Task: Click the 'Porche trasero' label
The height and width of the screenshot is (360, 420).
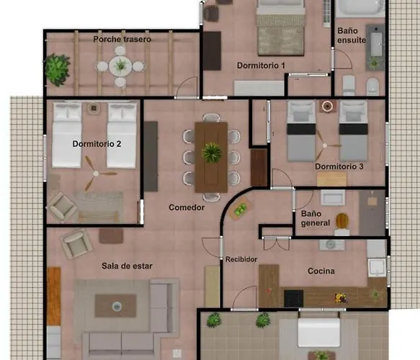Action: [122, 39]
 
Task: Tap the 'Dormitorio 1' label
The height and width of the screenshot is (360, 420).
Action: [261, 66]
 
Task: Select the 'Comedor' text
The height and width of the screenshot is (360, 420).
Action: [187, 207]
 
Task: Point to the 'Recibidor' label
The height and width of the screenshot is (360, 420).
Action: [241, 259]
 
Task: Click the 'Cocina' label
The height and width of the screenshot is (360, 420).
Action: [321, 271]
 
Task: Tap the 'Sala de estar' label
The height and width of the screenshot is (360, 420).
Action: [127, 266]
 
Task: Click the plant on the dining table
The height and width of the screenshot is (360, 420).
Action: [211, 153]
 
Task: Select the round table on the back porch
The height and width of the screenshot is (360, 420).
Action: [120, 66]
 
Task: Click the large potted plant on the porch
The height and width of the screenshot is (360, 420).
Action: [57, 70]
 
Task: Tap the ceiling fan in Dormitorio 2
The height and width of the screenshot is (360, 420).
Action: [96, 174]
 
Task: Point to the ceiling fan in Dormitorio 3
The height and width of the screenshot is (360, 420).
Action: [325, 145]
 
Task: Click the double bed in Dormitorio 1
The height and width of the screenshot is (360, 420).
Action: [280, 28]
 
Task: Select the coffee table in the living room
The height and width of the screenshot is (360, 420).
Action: [116, 306]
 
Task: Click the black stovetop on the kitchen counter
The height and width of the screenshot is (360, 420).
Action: [294, 298]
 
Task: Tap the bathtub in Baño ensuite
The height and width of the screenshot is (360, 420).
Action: [360, 7]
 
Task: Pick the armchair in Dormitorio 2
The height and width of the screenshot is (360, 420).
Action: [62, 207]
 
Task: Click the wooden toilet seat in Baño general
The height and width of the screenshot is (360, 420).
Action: [341, 220]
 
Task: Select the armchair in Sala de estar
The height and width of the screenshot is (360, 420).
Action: [76, 244]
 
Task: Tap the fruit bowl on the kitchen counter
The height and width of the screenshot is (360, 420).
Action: [341, 297]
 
